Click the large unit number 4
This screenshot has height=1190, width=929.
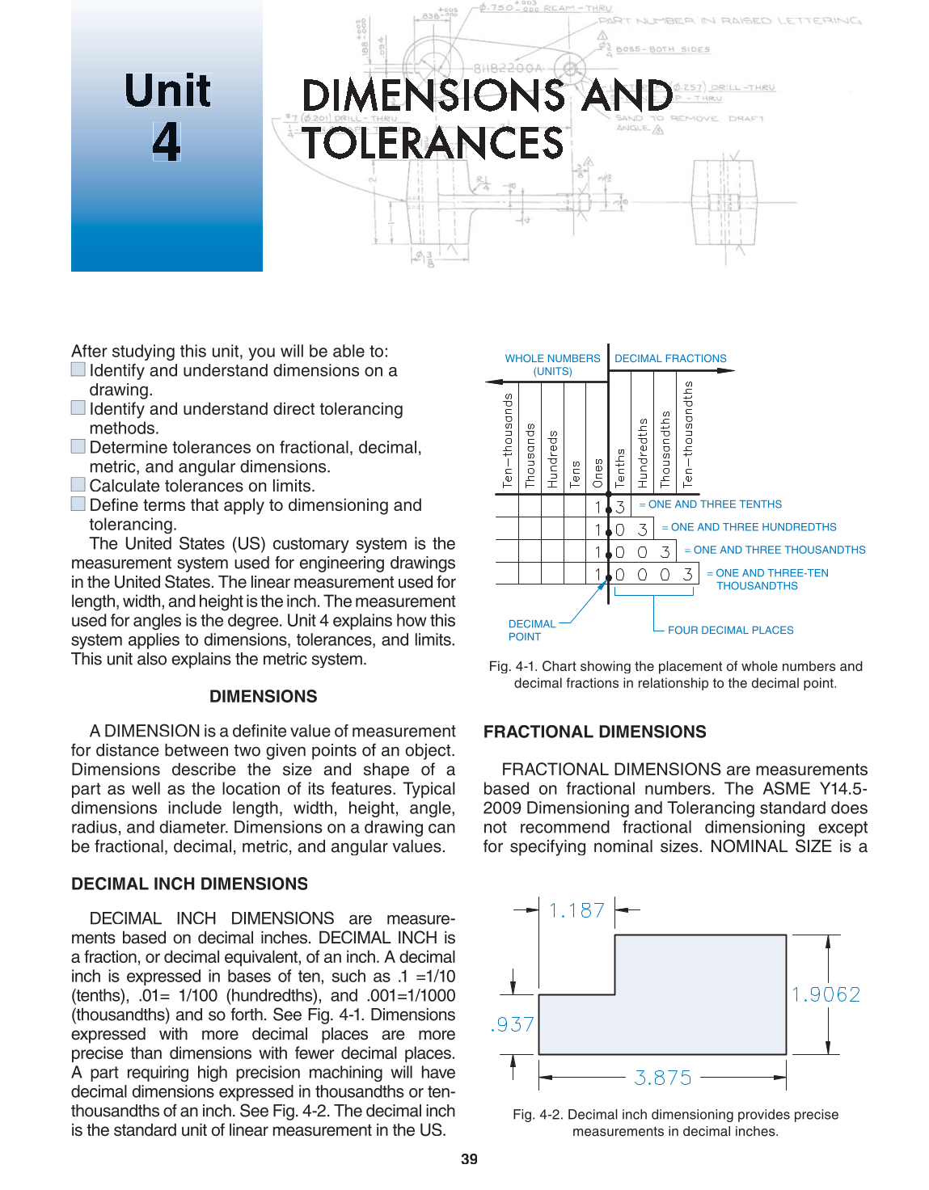tap(166, 141)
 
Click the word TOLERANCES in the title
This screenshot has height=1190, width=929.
tap(432, 144)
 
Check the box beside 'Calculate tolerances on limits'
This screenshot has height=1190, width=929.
tap(78, 484)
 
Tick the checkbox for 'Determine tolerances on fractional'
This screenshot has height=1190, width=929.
tap(78, 446)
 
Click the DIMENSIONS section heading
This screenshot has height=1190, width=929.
tap(263, 696)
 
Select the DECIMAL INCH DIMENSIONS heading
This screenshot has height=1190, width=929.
tap(189, 884)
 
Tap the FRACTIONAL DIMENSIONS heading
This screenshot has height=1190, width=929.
tap(594, 732)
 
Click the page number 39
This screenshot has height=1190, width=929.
tap(469, 1158)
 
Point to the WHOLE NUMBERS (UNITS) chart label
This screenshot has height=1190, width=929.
tap(552, 365)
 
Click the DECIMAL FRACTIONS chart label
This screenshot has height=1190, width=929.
tap(670, 358)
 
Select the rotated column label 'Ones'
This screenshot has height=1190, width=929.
tap(598, 473)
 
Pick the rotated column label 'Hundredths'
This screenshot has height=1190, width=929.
tap(643, 453)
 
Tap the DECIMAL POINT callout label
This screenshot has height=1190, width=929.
tap(531, 630)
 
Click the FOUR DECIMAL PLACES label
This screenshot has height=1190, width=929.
tap(730, 630)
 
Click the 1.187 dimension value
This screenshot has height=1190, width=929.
tap(576, 910)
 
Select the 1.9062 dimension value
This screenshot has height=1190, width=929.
tap(826, 994)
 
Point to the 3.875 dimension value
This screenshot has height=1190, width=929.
tap(663, 1078)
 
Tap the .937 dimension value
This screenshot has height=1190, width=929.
tap(513, 1024)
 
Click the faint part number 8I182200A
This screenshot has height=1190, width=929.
tap(508, 69)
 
